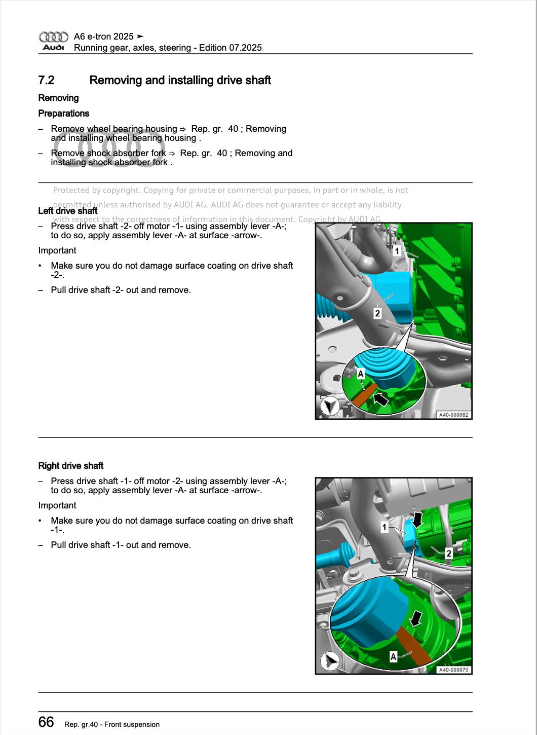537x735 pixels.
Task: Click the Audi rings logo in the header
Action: pyautogui.click(x=53, y=37)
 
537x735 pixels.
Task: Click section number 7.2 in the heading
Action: pyautogui.click(x=46, y=80)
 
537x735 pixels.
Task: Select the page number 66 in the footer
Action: pyautogui.click(x=46, y=722)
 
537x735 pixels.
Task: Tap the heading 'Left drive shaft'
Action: pyautogui.click(x=68, y=211)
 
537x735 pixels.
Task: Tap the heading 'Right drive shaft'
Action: pyautogui.click(x=71, y=466)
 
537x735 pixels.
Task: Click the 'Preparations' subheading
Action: pyautogui.click(x=64, y=114)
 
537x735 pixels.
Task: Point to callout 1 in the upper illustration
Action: pyautogui.click(x=397, y=250)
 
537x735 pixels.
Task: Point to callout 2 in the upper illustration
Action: pyautogui.click(x=377, y=313)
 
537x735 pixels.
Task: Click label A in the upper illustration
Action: pyautogui.click(x=361, y=374)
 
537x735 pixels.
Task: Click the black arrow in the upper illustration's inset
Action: pyautogui.click(x=380, y=399)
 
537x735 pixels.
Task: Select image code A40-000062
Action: pyautogui.click(x=453, y=415)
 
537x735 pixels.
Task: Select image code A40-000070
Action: pyautogui.click(x=453, y=670)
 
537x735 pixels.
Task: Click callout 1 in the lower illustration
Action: pyautogui.click(x=385, y=528)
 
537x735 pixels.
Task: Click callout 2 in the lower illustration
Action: pyautogui.click(x=448, y=554)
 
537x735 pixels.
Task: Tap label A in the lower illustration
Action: pyautogui.click(x=394, y=657)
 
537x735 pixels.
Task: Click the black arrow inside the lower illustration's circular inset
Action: pyautogui.click(x=415, y=618)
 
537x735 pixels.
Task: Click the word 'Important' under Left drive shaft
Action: pyautogui.click(x=57, y=250)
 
